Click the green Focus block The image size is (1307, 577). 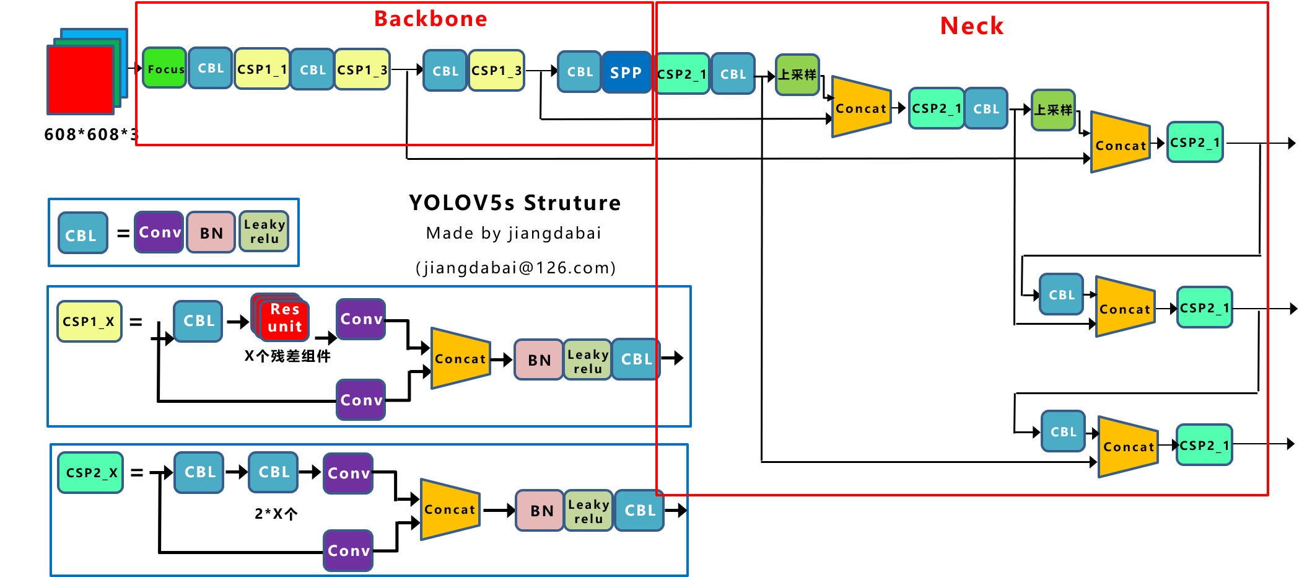165,69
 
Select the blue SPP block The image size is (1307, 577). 626,73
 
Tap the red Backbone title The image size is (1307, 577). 431,19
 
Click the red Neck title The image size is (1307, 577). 971,26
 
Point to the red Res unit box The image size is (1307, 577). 284,318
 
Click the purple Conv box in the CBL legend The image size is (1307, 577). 159,232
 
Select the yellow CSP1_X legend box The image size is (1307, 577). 89,322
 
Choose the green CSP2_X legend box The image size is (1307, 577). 91,473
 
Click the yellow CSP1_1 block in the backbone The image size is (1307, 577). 262,69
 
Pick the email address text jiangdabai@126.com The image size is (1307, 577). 515,268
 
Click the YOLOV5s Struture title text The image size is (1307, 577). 514,203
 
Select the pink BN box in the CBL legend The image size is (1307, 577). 211,233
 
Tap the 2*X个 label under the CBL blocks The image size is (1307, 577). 276,514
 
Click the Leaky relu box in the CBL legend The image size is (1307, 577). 264,232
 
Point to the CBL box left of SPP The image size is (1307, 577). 580,72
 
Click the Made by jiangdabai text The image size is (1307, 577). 513,234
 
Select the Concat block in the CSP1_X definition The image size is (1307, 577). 461,359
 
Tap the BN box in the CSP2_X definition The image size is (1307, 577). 541,511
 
